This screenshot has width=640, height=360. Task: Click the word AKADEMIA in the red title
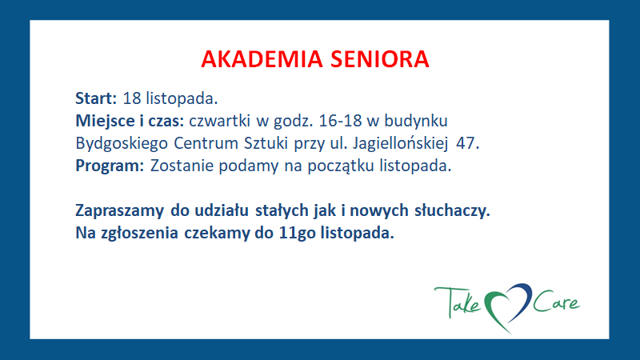[x=262, y=59]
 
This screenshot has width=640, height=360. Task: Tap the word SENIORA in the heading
[x=380, y=59]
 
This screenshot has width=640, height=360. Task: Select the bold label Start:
[x=96, y=98]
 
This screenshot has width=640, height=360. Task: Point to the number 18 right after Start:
[x=131, y=98]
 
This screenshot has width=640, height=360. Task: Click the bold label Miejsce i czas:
[x=130, y=122]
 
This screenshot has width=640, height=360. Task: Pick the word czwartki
[x=219, y=121]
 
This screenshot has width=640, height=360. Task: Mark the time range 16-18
[x=340, y=121]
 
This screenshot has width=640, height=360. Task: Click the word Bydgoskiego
[x=122, y=144]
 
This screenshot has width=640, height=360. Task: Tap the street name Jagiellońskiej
[x=400, y=144]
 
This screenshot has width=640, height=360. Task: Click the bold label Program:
[x=110, y=166]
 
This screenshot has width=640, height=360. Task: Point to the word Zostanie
[x=182, y=166]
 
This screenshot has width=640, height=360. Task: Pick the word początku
[x=341, y=166]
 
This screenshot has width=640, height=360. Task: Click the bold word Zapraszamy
[x=119, y=211]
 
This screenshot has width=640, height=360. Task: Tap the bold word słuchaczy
[x=452, y=211]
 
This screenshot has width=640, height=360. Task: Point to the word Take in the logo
[x=458, y=302]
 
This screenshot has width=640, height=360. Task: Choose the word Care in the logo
[x=556, y=302]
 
